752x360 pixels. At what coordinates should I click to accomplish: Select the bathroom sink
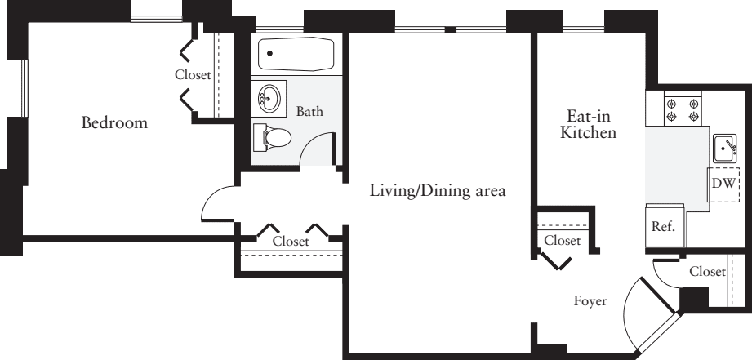[x=269, y=100]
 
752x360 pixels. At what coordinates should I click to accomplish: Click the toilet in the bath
[x=270, y=137]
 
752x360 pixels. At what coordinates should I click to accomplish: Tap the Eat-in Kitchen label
[x=588, y=124]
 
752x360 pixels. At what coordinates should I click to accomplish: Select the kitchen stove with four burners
[x=684, y=109]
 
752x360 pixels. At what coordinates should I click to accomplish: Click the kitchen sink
[x=724, y=149]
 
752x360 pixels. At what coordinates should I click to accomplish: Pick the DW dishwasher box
[x=723, y=184]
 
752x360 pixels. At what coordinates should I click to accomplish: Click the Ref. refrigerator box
[x=662, y=227]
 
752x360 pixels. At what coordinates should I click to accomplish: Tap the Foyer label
[x=590, y=301]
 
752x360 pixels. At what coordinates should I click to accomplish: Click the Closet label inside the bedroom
[x=193, y=74]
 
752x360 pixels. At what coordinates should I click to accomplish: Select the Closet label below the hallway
[x=291, y=242]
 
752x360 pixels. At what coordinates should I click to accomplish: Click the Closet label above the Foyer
[x=562, y=240]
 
